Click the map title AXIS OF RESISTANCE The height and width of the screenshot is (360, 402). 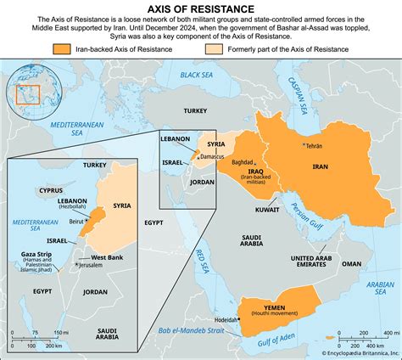[x=201, y=8]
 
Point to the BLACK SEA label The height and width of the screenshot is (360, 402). [x=196, y=75]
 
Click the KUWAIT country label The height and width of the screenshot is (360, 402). [x=266, y=207]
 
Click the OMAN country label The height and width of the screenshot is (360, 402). [x=351, y=263]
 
